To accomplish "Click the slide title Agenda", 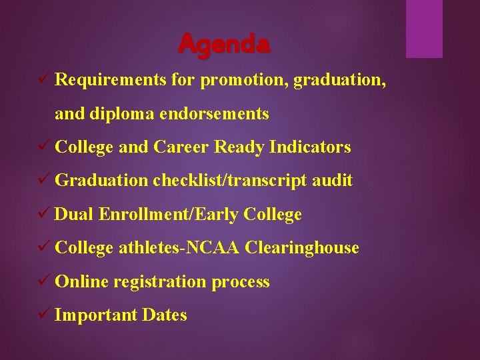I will pyautogui.click(x=224, y=44).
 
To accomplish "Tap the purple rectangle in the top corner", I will pyautogui.click(x=424, y=29).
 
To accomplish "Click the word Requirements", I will pyautogui.click(x=110, y=80).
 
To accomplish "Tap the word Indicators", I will pyautogui.click(x=310, y=147).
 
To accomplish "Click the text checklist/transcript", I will pyautogui.click(x=230, y=181).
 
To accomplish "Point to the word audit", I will pyautogui.click(x=333, y=181).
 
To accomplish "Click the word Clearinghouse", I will pyautogui.click(x=302, y=248).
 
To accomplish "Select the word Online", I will pyautogui.click(x=81, y=282).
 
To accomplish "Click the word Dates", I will pyautogui.click(x=165, y=315).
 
